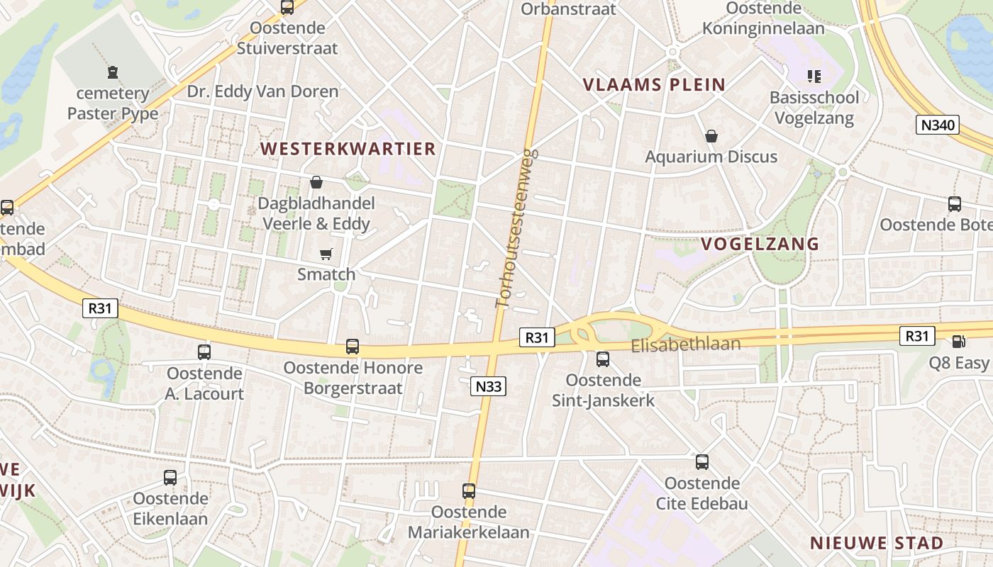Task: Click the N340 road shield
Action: pyautogui.click(x=938, y=125)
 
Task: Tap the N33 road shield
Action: pyautogui.click(x=488, y=386)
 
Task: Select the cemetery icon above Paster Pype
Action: pyautogui.click(x=113, y=72)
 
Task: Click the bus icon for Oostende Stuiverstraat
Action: pyautogui.click(x=287, y=8)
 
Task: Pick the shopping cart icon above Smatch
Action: pyautogui.click(x=326, y=254)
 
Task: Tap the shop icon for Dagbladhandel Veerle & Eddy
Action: pyautogui.click(x=316, y=183)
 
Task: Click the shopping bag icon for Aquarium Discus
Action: pyautogui.click(x=711, y=136)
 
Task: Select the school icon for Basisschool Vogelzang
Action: pyautogui.click(x=814, y=77)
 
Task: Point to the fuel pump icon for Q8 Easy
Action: pyautogui.click(x=958, y=342)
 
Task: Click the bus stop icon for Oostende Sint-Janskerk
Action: pyautogui.click(x=603, y=359)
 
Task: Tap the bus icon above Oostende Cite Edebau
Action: pyautogui.click(x=702, y=462)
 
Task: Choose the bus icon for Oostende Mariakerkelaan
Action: pyautogui.click(x=469, y=491)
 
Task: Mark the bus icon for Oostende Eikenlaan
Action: pyautogui.click(x=170, y=478)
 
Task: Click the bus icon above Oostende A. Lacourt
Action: pyautogui.click(x=204, y=352)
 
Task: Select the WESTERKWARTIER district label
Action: pyautogui.click(x=348, y=149)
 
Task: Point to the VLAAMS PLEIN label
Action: pyautogui.click(x=654, y=85)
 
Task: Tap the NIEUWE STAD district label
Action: pyautogui.click(x=877, y=544)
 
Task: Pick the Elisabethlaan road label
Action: pyautogui.click(x=686, y=345)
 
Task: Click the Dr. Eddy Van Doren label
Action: pyautogui.click(x=263, y=91)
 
